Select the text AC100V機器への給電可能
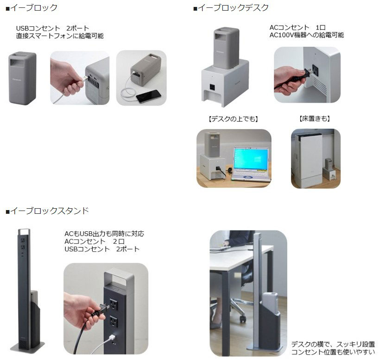306,35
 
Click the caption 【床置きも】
315,119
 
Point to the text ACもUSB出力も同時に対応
104,234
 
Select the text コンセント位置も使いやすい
333,352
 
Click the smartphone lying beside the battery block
149,95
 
